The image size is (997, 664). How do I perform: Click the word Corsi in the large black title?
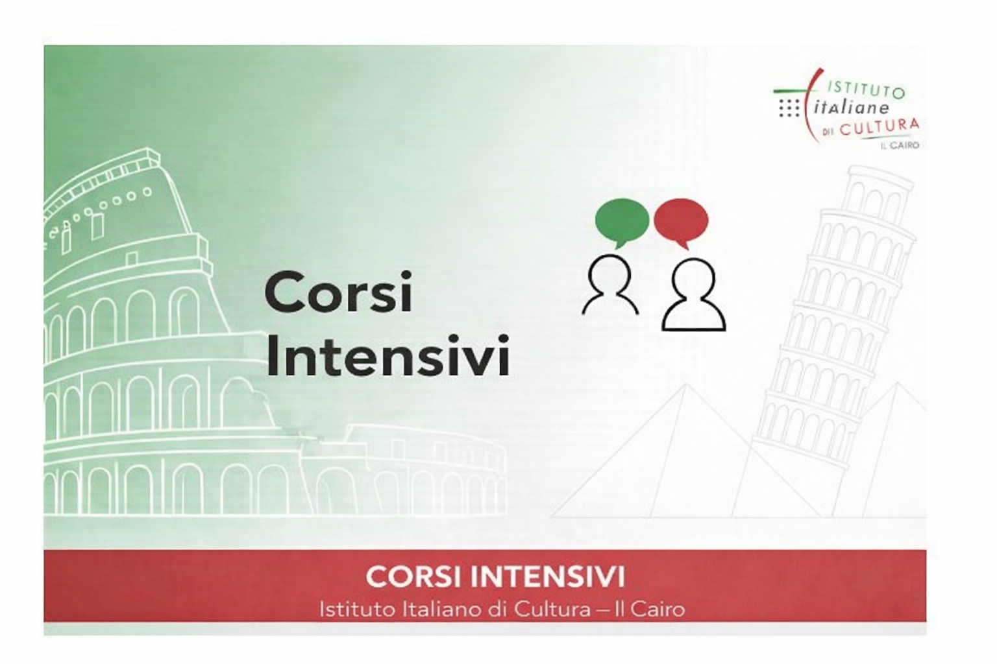pos(338,293)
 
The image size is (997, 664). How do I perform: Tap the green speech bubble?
pos(621,220)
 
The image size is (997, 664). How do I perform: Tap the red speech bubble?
pos(680,220)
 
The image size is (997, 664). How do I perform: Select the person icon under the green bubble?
pos(610,285)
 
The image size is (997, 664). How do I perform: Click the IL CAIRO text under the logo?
pos(900,146)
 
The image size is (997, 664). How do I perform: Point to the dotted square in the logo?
pos(789,108)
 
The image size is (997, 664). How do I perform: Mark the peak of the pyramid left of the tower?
pos(686,386)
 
